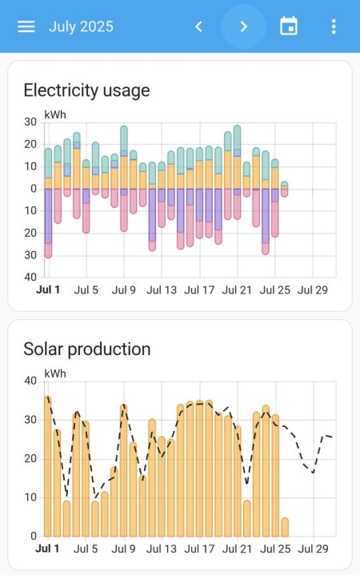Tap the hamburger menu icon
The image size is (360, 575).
(x=26, y=26)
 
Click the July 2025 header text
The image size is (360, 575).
(x=81, y=26)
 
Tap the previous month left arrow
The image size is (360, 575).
(x=199, y=26)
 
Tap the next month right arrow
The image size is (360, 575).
(x=244, y=26)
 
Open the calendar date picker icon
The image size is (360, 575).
(x=289, y=26)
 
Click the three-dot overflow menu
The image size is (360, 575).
(x=334, y=26)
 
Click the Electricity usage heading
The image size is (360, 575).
(x=86, y=90)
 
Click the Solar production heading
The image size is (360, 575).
(x=86, y=349)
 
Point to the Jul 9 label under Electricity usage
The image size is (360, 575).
(x=123, y=289)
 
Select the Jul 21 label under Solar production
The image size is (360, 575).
(x=237, y=549)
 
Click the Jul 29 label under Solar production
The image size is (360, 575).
(x=313, y=549)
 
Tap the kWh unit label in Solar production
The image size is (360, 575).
(x=55, y=373)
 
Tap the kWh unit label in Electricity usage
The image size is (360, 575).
(x=55, y=114)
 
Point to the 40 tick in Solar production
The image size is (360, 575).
(x=30, y=381)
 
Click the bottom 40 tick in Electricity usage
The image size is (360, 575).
(x=30, y=277)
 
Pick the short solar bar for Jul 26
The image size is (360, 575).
(x=285, y=527)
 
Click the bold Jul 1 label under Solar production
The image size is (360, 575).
(x=48, y=549)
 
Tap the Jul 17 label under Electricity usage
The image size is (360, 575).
(x=199, y=289)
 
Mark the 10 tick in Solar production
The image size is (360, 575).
(x=30, y=497)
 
